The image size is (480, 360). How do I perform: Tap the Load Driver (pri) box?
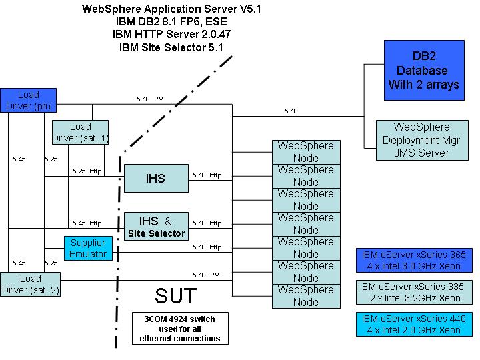[29, 100]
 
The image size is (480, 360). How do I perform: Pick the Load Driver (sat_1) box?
[80, 132]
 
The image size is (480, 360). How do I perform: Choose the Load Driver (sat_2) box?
[30, 284]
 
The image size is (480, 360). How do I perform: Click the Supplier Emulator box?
[88, 248]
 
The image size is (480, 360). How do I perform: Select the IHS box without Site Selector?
[155, 178]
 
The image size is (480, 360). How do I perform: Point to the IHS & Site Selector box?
[155, 226]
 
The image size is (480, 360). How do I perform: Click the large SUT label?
[176, 295]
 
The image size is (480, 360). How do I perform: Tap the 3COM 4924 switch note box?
[179, 328]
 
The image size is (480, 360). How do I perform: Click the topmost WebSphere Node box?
[305, 152]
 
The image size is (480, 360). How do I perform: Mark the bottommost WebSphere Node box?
[305, 295]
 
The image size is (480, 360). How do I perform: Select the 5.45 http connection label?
[87, 223]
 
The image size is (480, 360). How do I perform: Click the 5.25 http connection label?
[87, 171]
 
